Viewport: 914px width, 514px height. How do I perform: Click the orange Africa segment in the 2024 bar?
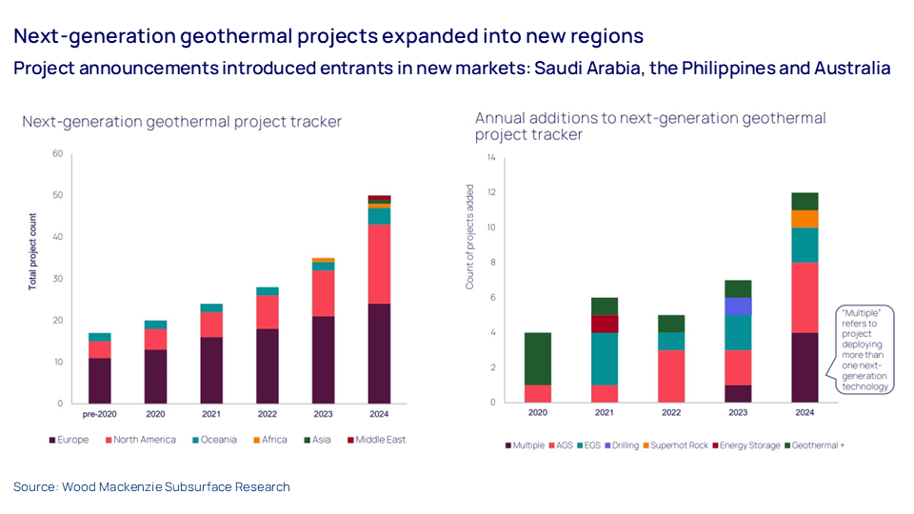coord(379,205)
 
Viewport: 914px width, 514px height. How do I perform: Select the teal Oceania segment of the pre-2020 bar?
coord(100,337)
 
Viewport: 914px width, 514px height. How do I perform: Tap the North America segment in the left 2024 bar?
coord(379,264)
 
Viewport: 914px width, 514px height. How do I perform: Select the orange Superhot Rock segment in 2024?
coord(805,219)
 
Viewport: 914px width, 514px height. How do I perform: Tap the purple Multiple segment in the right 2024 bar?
coord(805,366)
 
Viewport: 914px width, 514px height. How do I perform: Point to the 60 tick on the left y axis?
coord(58,154)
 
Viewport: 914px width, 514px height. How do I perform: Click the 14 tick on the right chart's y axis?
coord(491,157)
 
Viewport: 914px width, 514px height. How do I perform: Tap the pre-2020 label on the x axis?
coord(100,414)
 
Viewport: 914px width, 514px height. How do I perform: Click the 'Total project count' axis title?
coord(32,251)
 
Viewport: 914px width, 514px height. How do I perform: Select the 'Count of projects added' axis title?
coord(469,237)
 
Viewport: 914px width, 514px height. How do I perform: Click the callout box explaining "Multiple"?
coord(864,348)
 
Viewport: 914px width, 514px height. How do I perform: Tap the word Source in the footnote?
coord(34,486)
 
